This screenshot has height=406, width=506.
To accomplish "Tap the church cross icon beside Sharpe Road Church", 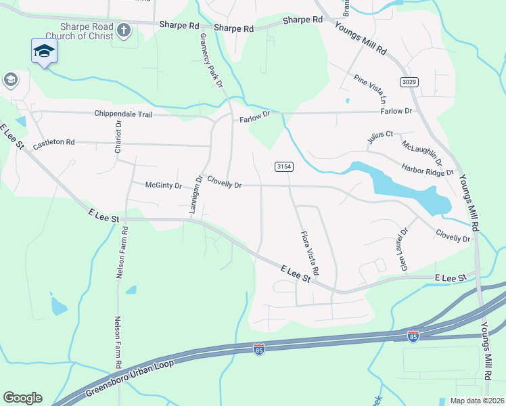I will pyautogui.click(x=123, y=30).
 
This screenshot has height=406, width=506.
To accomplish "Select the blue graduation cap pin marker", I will pyautogui.click(x=44, y=51).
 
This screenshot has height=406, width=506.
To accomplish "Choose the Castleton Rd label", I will pyautogui.click(x=53, y=143).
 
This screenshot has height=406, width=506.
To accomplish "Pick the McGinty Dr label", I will pyautogui.click(x=164, y=185).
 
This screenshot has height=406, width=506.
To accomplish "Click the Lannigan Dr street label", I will pyautogui.click(x=196, y=196).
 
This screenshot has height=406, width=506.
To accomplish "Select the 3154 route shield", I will pyautogui.click(x=283, y=166).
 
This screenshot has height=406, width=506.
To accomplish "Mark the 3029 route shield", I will pyautogui.click(x=409, y=82).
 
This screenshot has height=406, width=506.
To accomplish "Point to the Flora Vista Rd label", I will pyautogui.click(x=310, y=252).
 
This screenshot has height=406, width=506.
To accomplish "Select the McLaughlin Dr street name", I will pyautogui.click(x=421, y=153).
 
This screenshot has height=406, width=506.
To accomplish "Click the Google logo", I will pyautogui.click(x=22, y=398).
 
